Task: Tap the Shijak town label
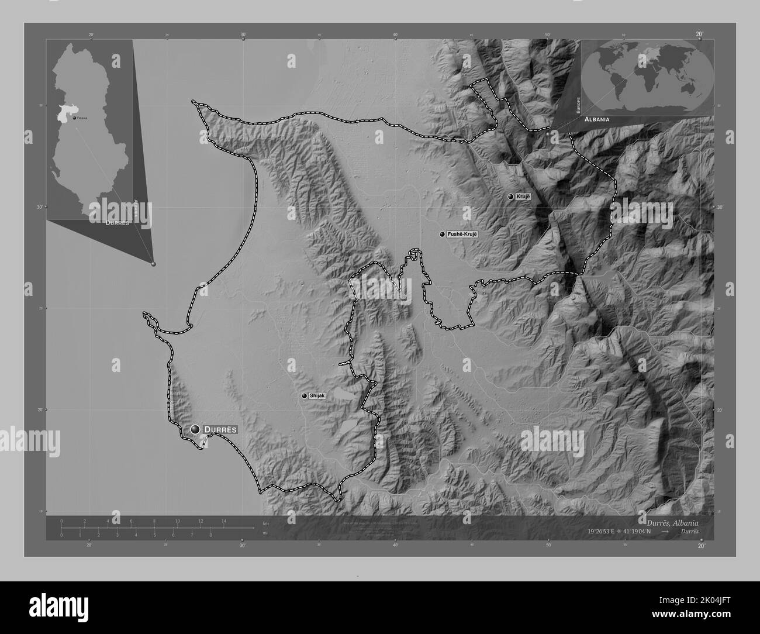[x=317, y=395]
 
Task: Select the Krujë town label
[x=523, y=197]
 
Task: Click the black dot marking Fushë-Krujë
[x=443, y=234]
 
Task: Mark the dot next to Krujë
[x=511, y=197]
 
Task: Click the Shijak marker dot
[x=304, y=396]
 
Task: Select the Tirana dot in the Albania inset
[x=74, y=118]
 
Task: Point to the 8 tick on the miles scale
[x=210, y=535]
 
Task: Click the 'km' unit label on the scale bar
[x=266, y=523]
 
